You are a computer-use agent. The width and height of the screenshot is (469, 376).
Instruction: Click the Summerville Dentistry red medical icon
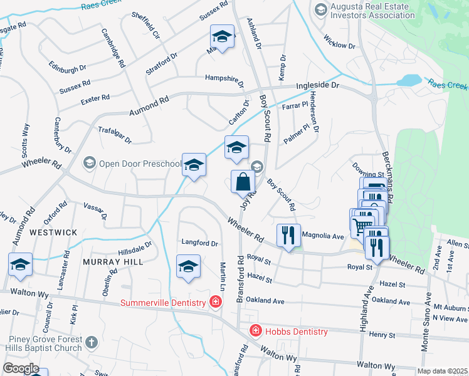tap(216, 303)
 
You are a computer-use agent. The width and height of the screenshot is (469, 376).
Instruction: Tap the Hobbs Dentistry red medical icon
tap(255, 331)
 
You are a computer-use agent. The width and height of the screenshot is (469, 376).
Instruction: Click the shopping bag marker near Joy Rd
tap(243, 182)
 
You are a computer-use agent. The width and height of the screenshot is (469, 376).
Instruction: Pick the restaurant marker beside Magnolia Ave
tap(288, 236)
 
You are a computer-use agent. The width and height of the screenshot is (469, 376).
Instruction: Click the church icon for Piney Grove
tap(92, 342)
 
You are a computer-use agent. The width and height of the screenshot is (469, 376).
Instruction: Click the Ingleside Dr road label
tap(317, 85)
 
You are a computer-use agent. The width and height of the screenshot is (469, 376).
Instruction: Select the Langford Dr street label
tap(199, 243)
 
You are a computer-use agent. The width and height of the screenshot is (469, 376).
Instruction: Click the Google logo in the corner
tap(21, 368)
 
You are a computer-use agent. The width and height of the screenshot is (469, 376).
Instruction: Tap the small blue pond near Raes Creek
tap(409, 80)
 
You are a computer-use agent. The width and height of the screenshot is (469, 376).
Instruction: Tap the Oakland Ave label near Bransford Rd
tap(265, 300)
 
